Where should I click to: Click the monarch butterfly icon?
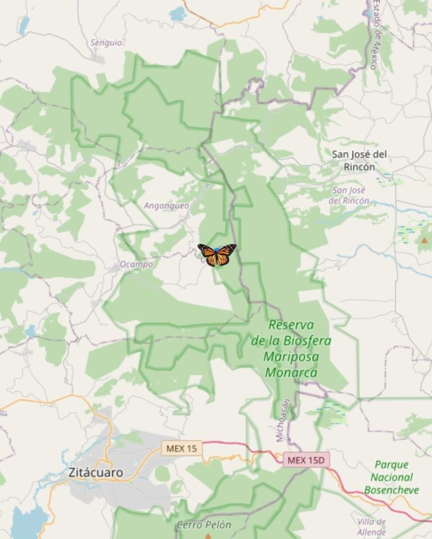pos(217,255)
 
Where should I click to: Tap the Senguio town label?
pos(106,42)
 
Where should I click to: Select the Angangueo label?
pos(166,206)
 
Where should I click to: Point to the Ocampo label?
pos(136,264)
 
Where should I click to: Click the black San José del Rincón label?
pos(359,160)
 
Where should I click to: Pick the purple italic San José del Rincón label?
pos(349,195)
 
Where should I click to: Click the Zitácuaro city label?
pos(96,472)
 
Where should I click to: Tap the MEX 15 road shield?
pos(182,448)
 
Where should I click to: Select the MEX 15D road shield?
pos(306,460)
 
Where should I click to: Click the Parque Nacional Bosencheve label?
pos(391,478)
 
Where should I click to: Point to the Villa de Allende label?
pos(372,526)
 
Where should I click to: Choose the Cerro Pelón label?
pos(204,525)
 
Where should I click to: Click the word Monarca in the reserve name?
pos(291,373)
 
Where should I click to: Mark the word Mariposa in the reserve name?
pos(291,357)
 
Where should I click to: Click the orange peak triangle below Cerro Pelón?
pos(208,536)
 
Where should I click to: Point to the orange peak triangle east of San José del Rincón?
pos(424,240)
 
